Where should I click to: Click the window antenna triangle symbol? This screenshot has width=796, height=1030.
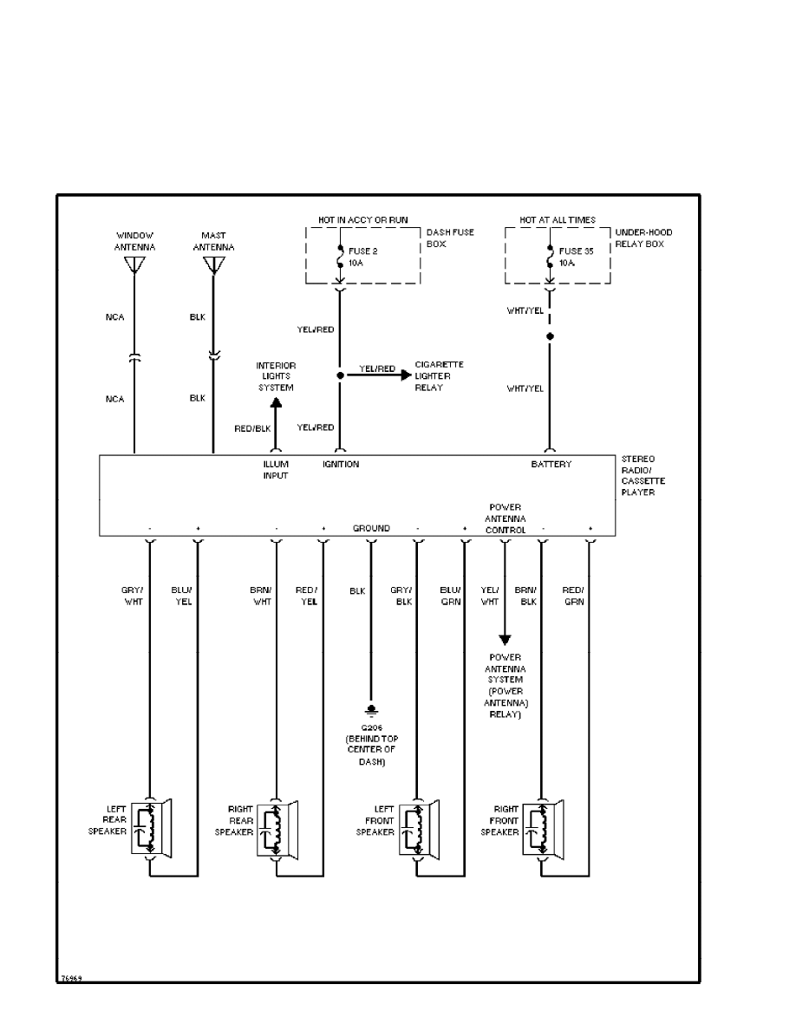pyautogui.click(x=134, y=264)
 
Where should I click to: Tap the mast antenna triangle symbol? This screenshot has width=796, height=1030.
pyautogui.click(x=212, y=264)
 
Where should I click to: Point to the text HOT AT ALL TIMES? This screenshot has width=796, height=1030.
pyautogui.click(x=558, y=220)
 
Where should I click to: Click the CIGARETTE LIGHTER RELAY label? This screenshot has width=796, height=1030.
pyautogui.click(x=439, y=375)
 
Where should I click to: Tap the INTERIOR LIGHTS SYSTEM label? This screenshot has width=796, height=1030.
pyautogui.click(x=276, y=376)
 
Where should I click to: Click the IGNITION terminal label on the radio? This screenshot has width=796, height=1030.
pyautogui.click(x=341, y=465)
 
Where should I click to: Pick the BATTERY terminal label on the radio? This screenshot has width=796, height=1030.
pyautogui.click(x=551, y=465)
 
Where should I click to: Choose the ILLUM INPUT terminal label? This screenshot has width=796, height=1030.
pyautogui.click(x=276, y=470)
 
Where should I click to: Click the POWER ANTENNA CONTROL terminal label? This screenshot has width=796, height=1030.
pyautogui.click(x=505, y=518)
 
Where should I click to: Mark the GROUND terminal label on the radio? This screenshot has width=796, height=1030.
pyautogui.click(x=371, y=528)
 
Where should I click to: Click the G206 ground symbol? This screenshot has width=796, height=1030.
pyautogui.click(x=371, y=709)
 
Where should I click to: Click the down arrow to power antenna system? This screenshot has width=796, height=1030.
pyautogui.click(x=505, y=639)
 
